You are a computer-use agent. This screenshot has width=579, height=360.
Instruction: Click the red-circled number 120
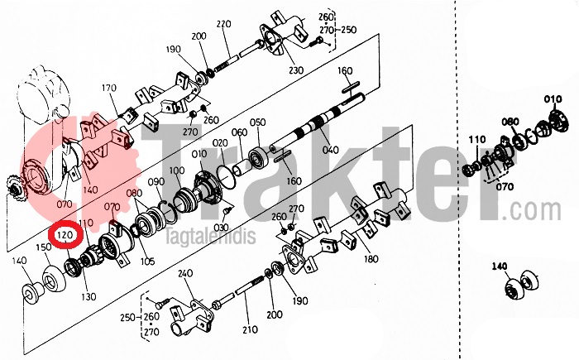pyautogui.click(x=67, y=236)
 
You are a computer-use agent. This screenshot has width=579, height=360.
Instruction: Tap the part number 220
pyautogui.click(x=223, y=24)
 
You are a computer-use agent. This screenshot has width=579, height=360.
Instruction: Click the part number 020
pyautogui.click(x=219, y=143)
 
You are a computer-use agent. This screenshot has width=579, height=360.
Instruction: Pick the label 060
pyautogui.click(x=239, y=132)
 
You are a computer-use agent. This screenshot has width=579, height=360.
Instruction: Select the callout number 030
pyautogui.click(x=220, y=227)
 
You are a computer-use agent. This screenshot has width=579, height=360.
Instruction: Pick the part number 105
pyautogui.click(x=148, y=262)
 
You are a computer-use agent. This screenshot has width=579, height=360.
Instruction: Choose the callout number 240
pyautogui.click(x=185, y=273)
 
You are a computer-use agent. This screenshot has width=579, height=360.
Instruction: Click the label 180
pyautogui.click(x=371, y=259)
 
